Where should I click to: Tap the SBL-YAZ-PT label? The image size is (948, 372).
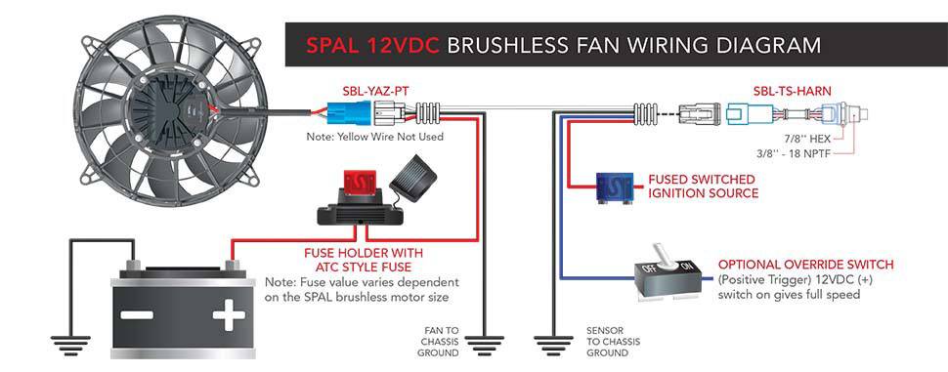(365, 92)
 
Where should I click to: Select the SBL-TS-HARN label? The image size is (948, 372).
(792, 91)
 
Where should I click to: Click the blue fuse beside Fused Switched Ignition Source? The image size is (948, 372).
(615, 186)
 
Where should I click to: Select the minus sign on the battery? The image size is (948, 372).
(137, 314)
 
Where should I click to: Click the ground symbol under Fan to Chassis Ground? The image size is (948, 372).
(484, 345)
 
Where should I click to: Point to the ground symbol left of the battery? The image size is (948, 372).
(70, 344)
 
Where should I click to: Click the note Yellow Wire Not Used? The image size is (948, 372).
(375, 137)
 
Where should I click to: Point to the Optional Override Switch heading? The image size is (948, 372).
(806, 265)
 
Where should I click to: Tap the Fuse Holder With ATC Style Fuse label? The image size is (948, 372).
(363, 259)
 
